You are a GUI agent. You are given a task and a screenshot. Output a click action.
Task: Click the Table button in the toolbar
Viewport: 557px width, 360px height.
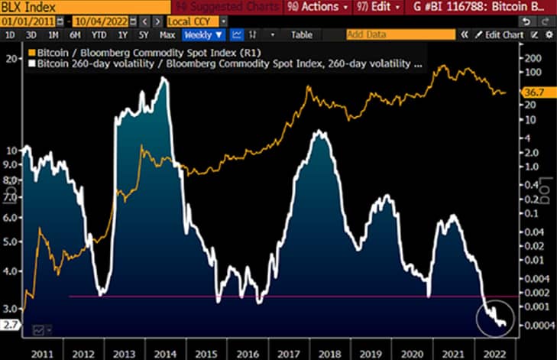303,35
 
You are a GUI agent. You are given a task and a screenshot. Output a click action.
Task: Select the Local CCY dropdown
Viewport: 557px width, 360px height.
191,21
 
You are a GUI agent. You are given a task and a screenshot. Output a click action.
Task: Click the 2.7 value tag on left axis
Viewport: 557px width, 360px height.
9,324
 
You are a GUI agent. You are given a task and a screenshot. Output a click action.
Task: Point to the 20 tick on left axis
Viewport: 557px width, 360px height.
11,58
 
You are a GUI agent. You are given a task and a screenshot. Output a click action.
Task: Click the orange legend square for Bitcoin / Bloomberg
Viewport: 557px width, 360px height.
31,52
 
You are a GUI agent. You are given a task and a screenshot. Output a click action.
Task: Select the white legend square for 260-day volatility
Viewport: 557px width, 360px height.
31,64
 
